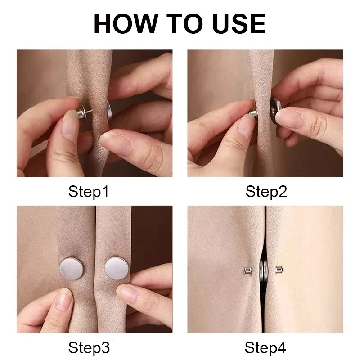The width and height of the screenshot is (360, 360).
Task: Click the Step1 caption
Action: coord(89,192)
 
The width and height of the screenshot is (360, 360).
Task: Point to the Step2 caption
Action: coord(266,192)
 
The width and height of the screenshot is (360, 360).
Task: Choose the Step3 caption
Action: coord(89,348)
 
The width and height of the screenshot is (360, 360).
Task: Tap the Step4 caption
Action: coord(266,348)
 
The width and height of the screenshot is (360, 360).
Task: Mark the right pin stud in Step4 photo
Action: coord(279,270)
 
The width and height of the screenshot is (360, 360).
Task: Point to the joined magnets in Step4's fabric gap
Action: coord(262,271)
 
